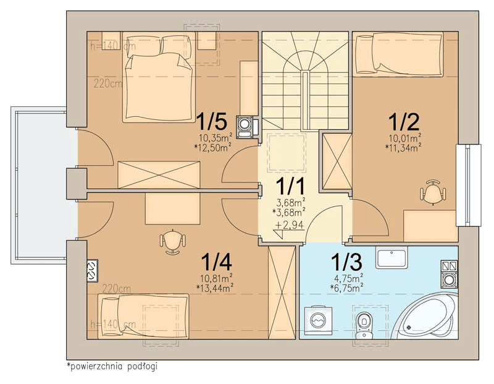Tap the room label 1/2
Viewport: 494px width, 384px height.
pyautogui.click(x=404, y=122)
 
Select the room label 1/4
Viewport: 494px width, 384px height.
pyautogui.click(x=217, y=262)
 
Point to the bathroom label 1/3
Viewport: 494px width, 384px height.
pyautogui.click(x=346, y=262)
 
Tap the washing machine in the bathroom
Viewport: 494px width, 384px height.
pyautogui.click(x=318, y=320)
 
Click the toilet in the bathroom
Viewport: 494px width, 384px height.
pyautogui.click(x=364, y=325)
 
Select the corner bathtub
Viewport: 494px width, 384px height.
pyautogui.click(x=425, y=315)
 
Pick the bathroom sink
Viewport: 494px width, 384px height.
pyautogui.click(x=391, y=257)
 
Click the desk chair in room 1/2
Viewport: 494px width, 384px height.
pyautogui.click(x=433, y=192)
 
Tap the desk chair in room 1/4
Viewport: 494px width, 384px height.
pyautogui.click(x=172, y=241)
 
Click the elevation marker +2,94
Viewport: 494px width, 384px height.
pyautogui.click(x=290, y=225)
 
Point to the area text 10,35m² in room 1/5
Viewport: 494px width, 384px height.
pyautogui.click(x=216, y=137)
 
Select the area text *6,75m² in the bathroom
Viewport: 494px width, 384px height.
pyautogui.click(x=346, y=286)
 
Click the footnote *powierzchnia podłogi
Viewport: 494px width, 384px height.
pyautogui.click(x=112, y=366)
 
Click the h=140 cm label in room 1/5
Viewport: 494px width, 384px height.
pyautogui.click(x=113, y=46)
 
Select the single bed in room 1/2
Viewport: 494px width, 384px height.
pyautogui.click(x=399, y=54)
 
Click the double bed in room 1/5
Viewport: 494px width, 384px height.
pyautogui.click(x=157, y=77)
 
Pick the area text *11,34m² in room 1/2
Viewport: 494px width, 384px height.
pyautogui.click(x=404, y=147)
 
